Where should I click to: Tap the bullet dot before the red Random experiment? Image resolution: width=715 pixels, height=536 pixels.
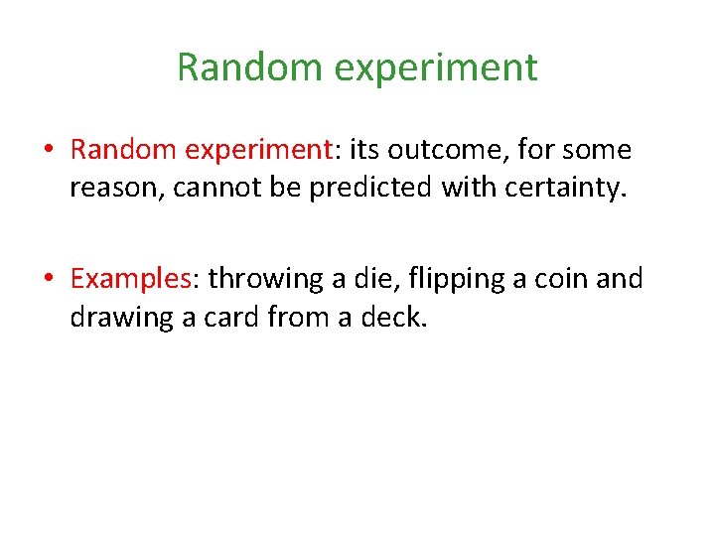click(49, 151)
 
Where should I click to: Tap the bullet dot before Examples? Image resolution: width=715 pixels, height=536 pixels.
click(49, 279)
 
